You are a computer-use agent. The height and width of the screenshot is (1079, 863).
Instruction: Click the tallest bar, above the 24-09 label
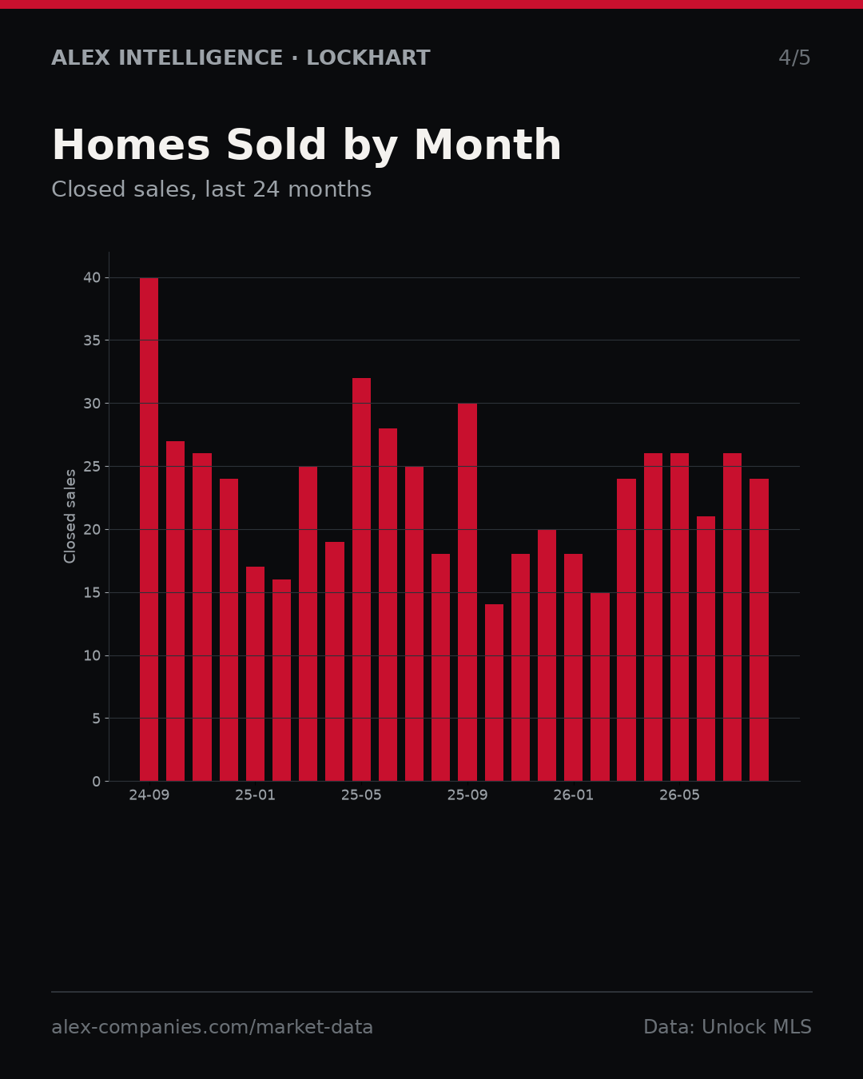(149, 529)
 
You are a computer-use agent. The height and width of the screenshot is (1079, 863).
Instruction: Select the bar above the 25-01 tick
(255, 674)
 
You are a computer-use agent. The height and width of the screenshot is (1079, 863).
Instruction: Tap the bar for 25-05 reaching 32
(361, 579)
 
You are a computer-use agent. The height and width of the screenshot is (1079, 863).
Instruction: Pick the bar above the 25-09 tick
(467, 592)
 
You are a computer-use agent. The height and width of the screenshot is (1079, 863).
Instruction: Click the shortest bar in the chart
(494, 692)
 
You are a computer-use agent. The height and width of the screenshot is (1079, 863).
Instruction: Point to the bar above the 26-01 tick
(573, 667)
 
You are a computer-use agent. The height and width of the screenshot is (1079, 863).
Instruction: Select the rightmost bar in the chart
(759, 630)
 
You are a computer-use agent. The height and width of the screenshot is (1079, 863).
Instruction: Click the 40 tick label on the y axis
(92, 278)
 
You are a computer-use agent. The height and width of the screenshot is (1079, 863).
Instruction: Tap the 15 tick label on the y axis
(92, 592)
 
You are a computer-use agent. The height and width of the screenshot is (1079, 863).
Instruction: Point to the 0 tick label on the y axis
(97, 782)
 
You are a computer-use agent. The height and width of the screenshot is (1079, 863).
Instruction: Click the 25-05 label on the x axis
(361, 795)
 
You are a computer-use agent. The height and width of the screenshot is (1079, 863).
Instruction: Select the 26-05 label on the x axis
(679, 795)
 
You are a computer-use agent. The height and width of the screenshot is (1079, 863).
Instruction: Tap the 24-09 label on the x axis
(149, 795)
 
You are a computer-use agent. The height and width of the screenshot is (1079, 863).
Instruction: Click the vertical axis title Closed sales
(70, 516)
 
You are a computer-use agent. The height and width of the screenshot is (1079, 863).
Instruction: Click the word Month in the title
(487, 145)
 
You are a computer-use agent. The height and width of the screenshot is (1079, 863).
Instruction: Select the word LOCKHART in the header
(368, 58)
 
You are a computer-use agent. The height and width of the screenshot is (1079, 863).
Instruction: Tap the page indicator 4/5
(794, 58)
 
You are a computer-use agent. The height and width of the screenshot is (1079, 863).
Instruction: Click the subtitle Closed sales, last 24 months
(212, 189)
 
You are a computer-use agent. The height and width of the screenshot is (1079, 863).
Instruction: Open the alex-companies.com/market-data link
(213, 1027)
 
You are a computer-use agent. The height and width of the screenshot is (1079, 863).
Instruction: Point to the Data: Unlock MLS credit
(728, 1027)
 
